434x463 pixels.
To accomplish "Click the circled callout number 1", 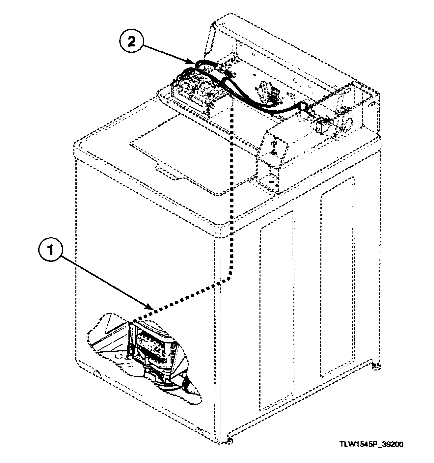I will [x=50, y=252].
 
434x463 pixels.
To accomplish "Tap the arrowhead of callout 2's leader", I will [x=193, y=62].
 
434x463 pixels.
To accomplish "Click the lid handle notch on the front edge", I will [x=168, y=173].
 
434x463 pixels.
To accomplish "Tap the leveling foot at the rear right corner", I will [x=374, y=365].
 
